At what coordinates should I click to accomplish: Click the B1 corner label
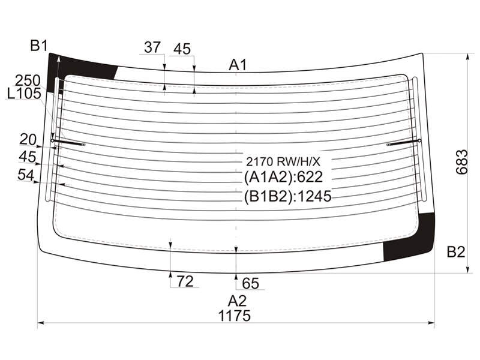point(39,46)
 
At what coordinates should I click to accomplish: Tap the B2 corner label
point(456,252)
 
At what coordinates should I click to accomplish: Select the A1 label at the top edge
point(238,65)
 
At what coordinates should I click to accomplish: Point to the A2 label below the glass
point(237,301)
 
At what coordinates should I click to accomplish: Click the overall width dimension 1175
point(235,316)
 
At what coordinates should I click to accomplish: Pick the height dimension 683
point(462,162)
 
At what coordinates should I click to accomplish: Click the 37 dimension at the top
point(152,47)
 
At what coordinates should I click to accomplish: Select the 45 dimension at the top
point(182,49)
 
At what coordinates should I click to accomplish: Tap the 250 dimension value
point(28,81)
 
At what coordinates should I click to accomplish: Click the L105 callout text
point(24,94)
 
